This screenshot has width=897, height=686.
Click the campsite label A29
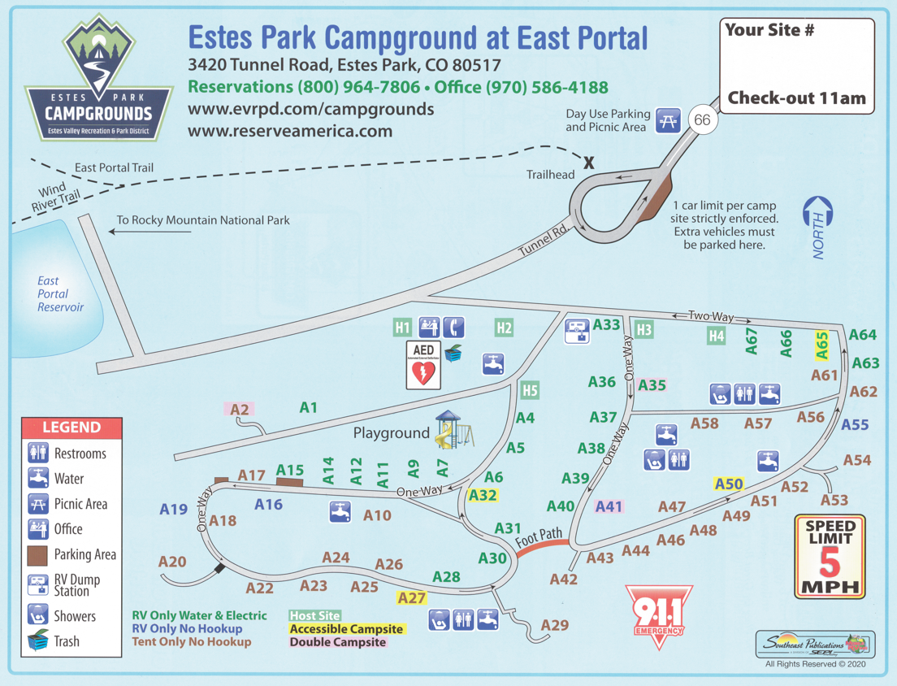[555, 625]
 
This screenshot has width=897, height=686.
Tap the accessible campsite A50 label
[729, 484]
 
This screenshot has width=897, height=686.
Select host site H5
[530, 391]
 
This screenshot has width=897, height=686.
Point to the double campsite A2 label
[239, 410]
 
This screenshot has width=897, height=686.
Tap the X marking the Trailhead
[589, 163]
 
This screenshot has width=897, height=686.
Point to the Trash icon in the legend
[37, 641]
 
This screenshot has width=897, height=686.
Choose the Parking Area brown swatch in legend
[37, 555]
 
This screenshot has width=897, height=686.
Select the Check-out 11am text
[796, 99]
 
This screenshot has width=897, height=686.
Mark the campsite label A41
[609, 506]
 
